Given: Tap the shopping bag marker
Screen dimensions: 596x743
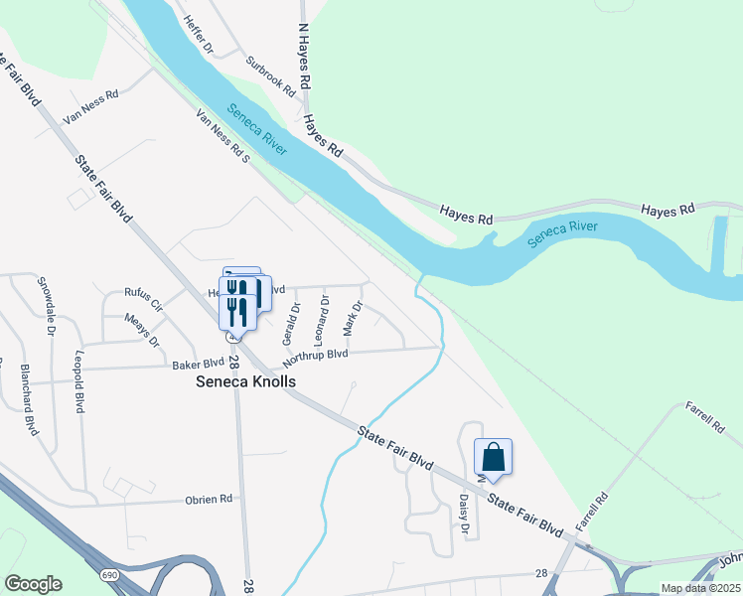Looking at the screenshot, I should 494,458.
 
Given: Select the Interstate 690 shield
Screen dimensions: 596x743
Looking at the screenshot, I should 107,575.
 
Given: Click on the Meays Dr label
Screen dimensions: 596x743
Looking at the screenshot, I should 142,329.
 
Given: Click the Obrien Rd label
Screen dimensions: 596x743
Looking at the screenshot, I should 211,499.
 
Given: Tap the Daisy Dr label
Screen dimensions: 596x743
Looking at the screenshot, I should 464,515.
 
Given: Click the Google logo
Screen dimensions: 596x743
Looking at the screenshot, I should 33,584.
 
